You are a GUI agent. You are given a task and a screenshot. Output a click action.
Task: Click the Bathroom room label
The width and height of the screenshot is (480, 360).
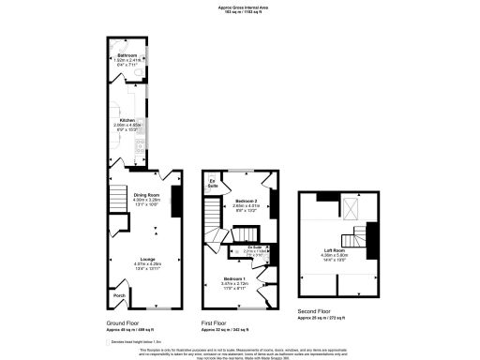point(126,57)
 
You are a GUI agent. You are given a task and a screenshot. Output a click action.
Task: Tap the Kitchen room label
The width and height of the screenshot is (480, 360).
point(127,121)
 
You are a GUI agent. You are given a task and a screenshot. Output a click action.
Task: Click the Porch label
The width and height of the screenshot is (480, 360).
point(119,295)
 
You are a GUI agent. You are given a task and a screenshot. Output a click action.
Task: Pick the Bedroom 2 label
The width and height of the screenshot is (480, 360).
point(247,202)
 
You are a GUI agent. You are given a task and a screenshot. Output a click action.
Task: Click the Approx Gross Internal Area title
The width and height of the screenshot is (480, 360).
point(240,7)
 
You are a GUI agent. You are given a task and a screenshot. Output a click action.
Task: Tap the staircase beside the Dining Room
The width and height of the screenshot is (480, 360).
point(118,199)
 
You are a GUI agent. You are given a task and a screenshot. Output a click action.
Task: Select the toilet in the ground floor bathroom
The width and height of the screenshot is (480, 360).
point(136,71)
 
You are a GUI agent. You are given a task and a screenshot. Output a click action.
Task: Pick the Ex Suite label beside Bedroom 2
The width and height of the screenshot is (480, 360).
point(213,182)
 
